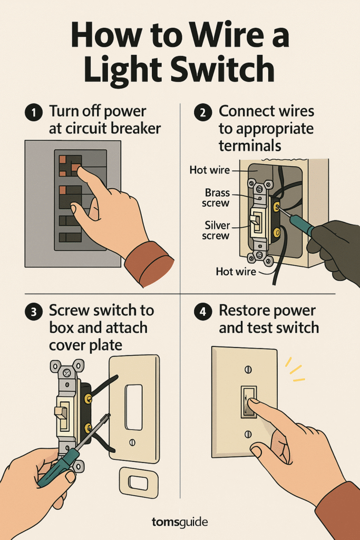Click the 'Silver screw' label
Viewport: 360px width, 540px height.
pos(216,230)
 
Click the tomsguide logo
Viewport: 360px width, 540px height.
pos(180,522)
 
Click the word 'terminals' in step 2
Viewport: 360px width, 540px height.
pos(250,144)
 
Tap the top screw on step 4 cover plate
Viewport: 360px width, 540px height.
pos(248,370)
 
